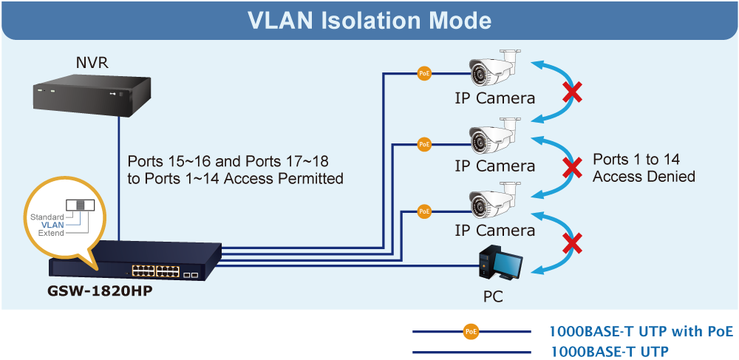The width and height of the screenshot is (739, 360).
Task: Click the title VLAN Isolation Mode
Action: [369, 20]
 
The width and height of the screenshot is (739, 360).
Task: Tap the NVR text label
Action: [92, 62]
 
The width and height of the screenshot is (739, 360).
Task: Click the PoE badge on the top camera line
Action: [424, 73]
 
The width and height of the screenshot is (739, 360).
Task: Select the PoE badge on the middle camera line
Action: [424, 144]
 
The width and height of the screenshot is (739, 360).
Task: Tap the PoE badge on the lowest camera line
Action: [424, 211]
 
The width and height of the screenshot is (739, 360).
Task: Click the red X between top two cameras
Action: [571, 93]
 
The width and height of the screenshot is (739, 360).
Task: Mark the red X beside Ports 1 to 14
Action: [571, 168]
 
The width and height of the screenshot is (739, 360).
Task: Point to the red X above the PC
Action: [571, 243]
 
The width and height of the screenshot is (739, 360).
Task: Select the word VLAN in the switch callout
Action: [52, 225]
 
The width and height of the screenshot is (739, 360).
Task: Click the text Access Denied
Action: [644, 177]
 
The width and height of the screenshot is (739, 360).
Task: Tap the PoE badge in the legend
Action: [471, 332]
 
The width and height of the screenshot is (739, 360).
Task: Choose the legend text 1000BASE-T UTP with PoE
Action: [641, 330]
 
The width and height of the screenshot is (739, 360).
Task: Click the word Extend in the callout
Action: [51, 233]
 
